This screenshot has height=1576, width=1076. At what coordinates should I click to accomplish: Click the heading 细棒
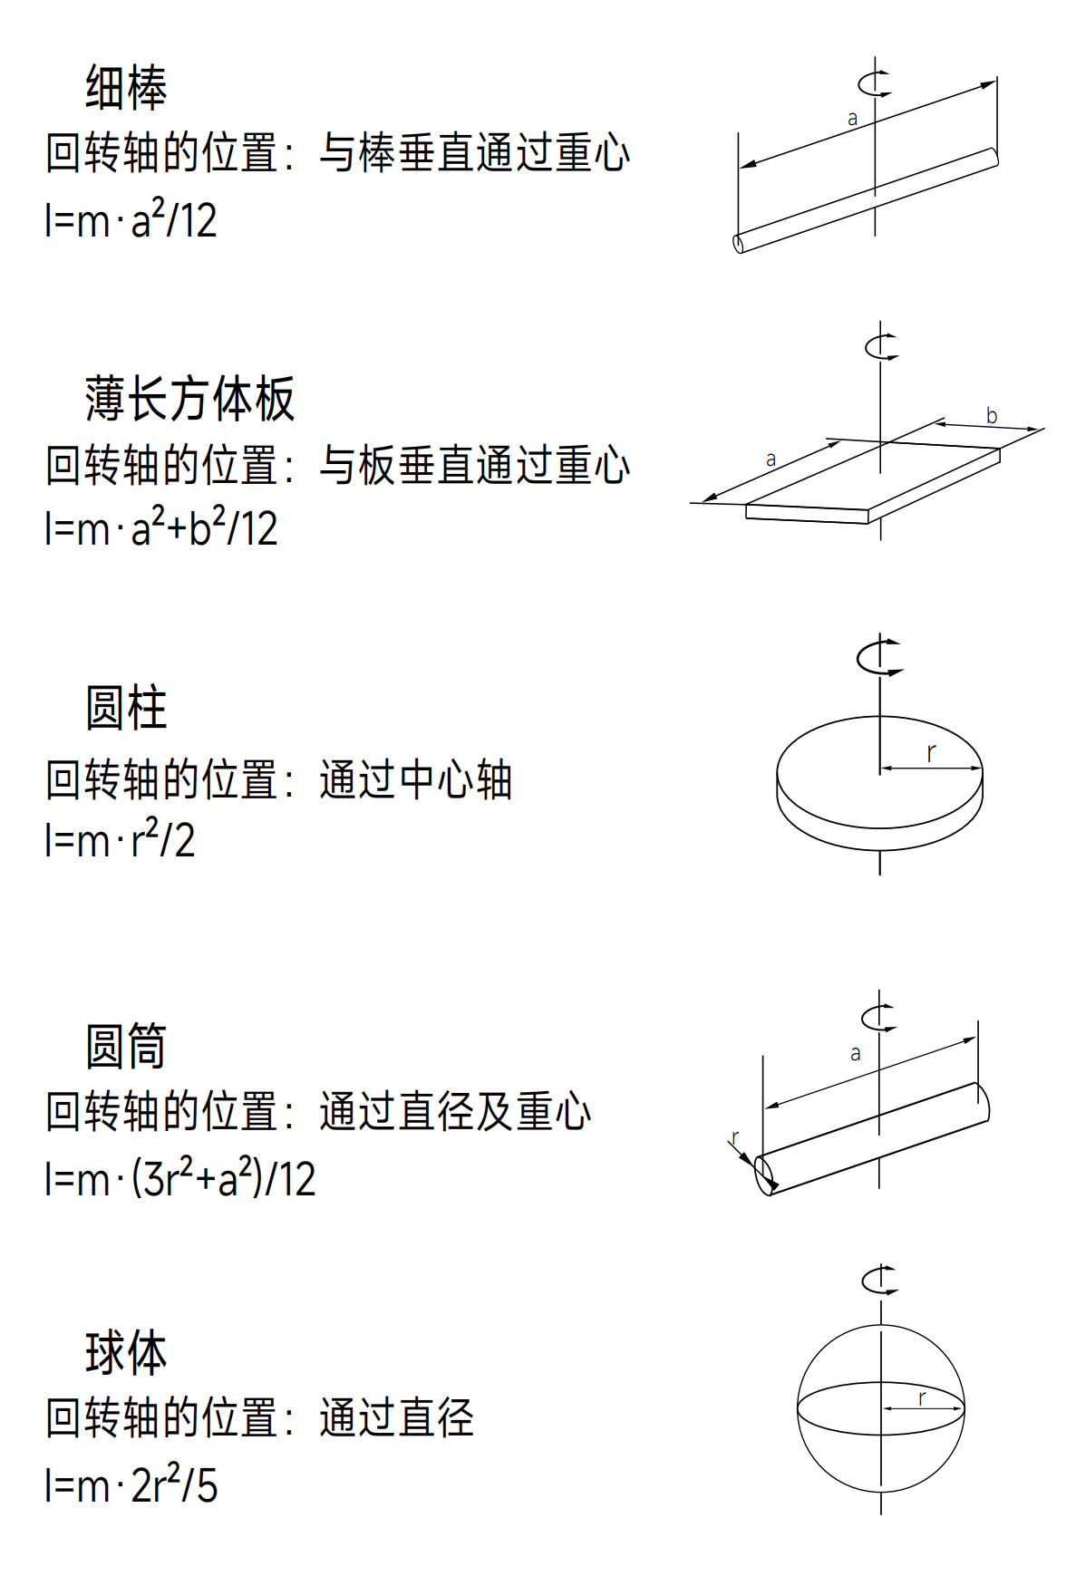[126, 88]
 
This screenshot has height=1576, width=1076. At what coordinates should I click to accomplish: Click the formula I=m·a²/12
[131, 219]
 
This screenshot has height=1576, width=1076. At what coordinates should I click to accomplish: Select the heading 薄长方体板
[189, 399]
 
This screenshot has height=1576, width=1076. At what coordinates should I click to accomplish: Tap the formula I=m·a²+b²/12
[161, 527]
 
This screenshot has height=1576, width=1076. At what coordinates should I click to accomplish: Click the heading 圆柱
[126, 708]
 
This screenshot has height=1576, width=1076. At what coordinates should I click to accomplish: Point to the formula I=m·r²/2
[120, 839]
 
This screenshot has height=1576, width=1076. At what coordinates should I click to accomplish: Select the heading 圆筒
[126, 1046]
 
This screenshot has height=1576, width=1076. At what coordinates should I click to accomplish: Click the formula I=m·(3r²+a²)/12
[180, 1178]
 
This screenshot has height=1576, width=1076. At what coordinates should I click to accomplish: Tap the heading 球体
[126, 1353]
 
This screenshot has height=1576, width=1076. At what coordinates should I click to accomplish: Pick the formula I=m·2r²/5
[131, 1484]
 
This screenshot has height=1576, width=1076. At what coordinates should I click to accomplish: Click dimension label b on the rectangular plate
[992, 416]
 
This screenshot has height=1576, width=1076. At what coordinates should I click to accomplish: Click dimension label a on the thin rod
[852, 119]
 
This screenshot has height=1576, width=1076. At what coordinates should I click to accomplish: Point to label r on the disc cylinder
[931, 752]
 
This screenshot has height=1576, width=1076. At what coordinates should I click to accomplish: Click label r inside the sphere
[922, 1397]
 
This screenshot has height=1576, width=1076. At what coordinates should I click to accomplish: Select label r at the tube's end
[735, 1137]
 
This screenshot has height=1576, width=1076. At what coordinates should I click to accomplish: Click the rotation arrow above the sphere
[879, 1280]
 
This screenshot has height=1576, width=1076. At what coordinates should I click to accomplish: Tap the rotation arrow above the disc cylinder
[879, 657]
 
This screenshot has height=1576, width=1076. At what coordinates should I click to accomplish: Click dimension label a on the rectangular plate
[771, 459]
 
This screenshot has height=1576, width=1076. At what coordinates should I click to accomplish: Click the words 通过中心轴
[415, 780]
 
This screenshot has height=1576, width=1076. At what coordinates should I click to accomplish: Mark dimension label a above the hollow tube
[855, 1053]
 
